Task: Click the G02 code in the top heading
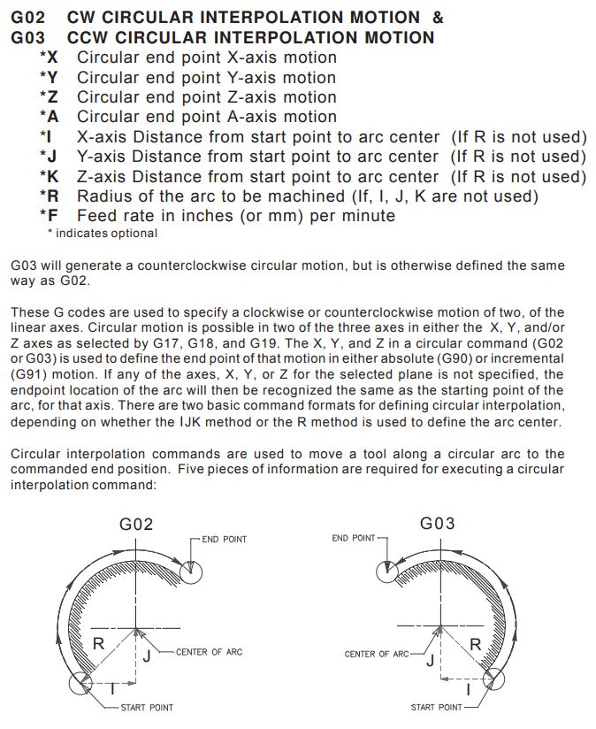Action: [x=28, y=17]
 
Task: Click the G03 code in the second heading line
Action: [x=28, y=37]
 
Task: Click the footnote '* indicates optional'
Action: [x=102, y=233]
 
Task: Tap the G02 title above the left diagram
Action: [x=136, y=524]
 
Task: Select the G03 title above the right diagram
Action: [x=438, y=523]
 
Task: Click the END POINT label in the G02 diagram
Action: [x=224, y=539]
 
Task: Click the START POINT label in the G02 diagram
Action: [x=147, y=707]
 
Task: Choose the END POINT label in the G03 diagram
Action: [x=354, y=538]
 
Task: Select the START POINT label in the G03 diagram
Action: [x=436, y=707]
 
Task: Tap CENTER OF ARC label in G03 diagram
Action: [x=377, y=654]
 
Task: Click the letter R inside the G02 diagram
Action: [x=99, y=643]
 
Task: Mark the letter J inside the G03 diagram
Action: [x=431, y=661]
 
